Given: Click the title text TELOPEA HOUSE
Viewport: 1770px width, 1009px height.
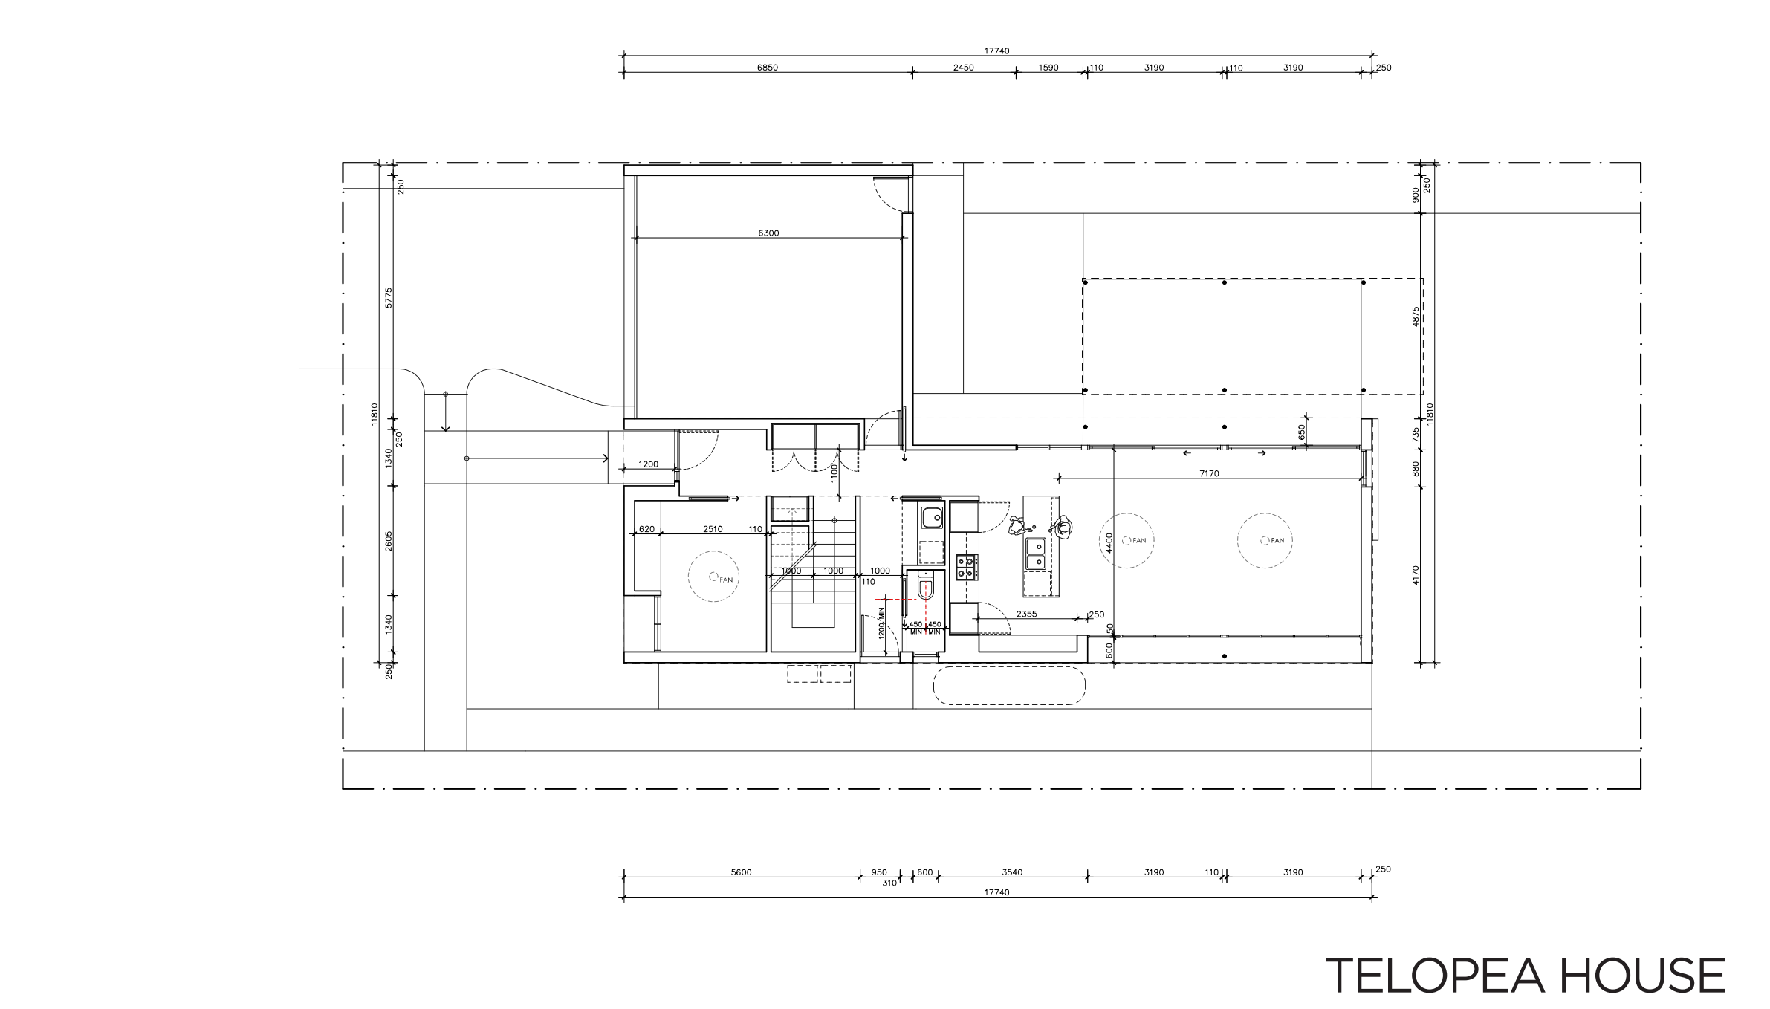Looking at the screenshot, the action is tap(1526, 976).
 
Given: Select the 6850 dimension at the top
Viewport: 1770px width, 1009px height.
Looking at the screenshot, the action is tap(768, 68).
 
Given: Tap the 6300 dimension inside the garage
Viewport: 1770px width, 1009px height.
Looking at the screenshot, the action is tap(768, 233).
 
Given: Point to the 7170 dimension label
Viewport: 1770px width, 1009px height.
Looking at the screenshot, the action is tap(1209, 473).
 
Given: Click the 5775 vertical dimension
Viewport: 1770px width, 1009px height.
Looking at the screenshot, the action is tap(389, 297).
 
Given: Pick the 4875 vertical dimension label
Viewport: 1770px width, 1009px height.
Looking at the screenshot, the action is tap(1416, 317).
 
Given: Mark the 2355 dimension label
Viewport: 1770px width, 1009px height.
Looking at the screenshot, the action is tap(1026, 614).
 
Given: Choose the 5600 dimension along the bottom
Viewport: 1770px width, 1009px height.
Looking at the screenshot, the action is tap(741, 872).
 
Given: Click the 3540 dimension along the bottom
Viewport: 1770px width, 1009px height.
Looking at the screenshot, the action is tap(1012, 872).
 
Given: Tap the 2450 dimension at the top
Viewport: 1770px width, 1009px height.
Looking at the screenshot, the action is tap(963, 68).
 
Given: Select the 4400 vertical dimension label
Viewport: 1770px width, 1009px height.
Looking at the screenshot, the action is tap(1109, 542).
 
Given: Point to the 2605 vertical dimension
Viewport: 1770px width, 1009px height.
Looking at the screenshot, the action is tap(389, 541).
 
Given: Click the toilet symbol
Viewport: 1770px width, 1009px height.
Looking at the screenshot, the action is tap(925, 588).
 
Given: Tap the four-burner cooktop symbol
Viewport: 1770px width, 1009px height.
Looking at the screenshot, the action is tap(966, 568).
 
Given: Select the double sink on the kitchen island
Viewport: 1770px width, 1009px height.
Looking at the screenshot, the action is tap(1036, 554).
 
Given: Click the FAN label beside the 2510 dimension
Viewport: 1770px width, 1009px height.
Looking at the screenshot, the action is tap(725, 580).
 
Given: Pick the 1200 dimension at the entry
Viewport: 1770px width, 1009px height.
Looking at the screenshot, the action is tap(648, 464).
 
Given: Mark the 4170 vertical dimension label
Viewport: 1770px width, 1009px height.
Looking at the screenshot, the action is tap(1416, 575).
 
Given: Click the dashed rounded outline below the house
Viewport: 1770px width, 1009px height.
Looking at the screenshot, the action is tap(1009, 686).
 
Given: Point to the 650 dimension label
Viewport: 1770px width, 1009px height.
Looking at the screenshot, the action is tap(1301, 432).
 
